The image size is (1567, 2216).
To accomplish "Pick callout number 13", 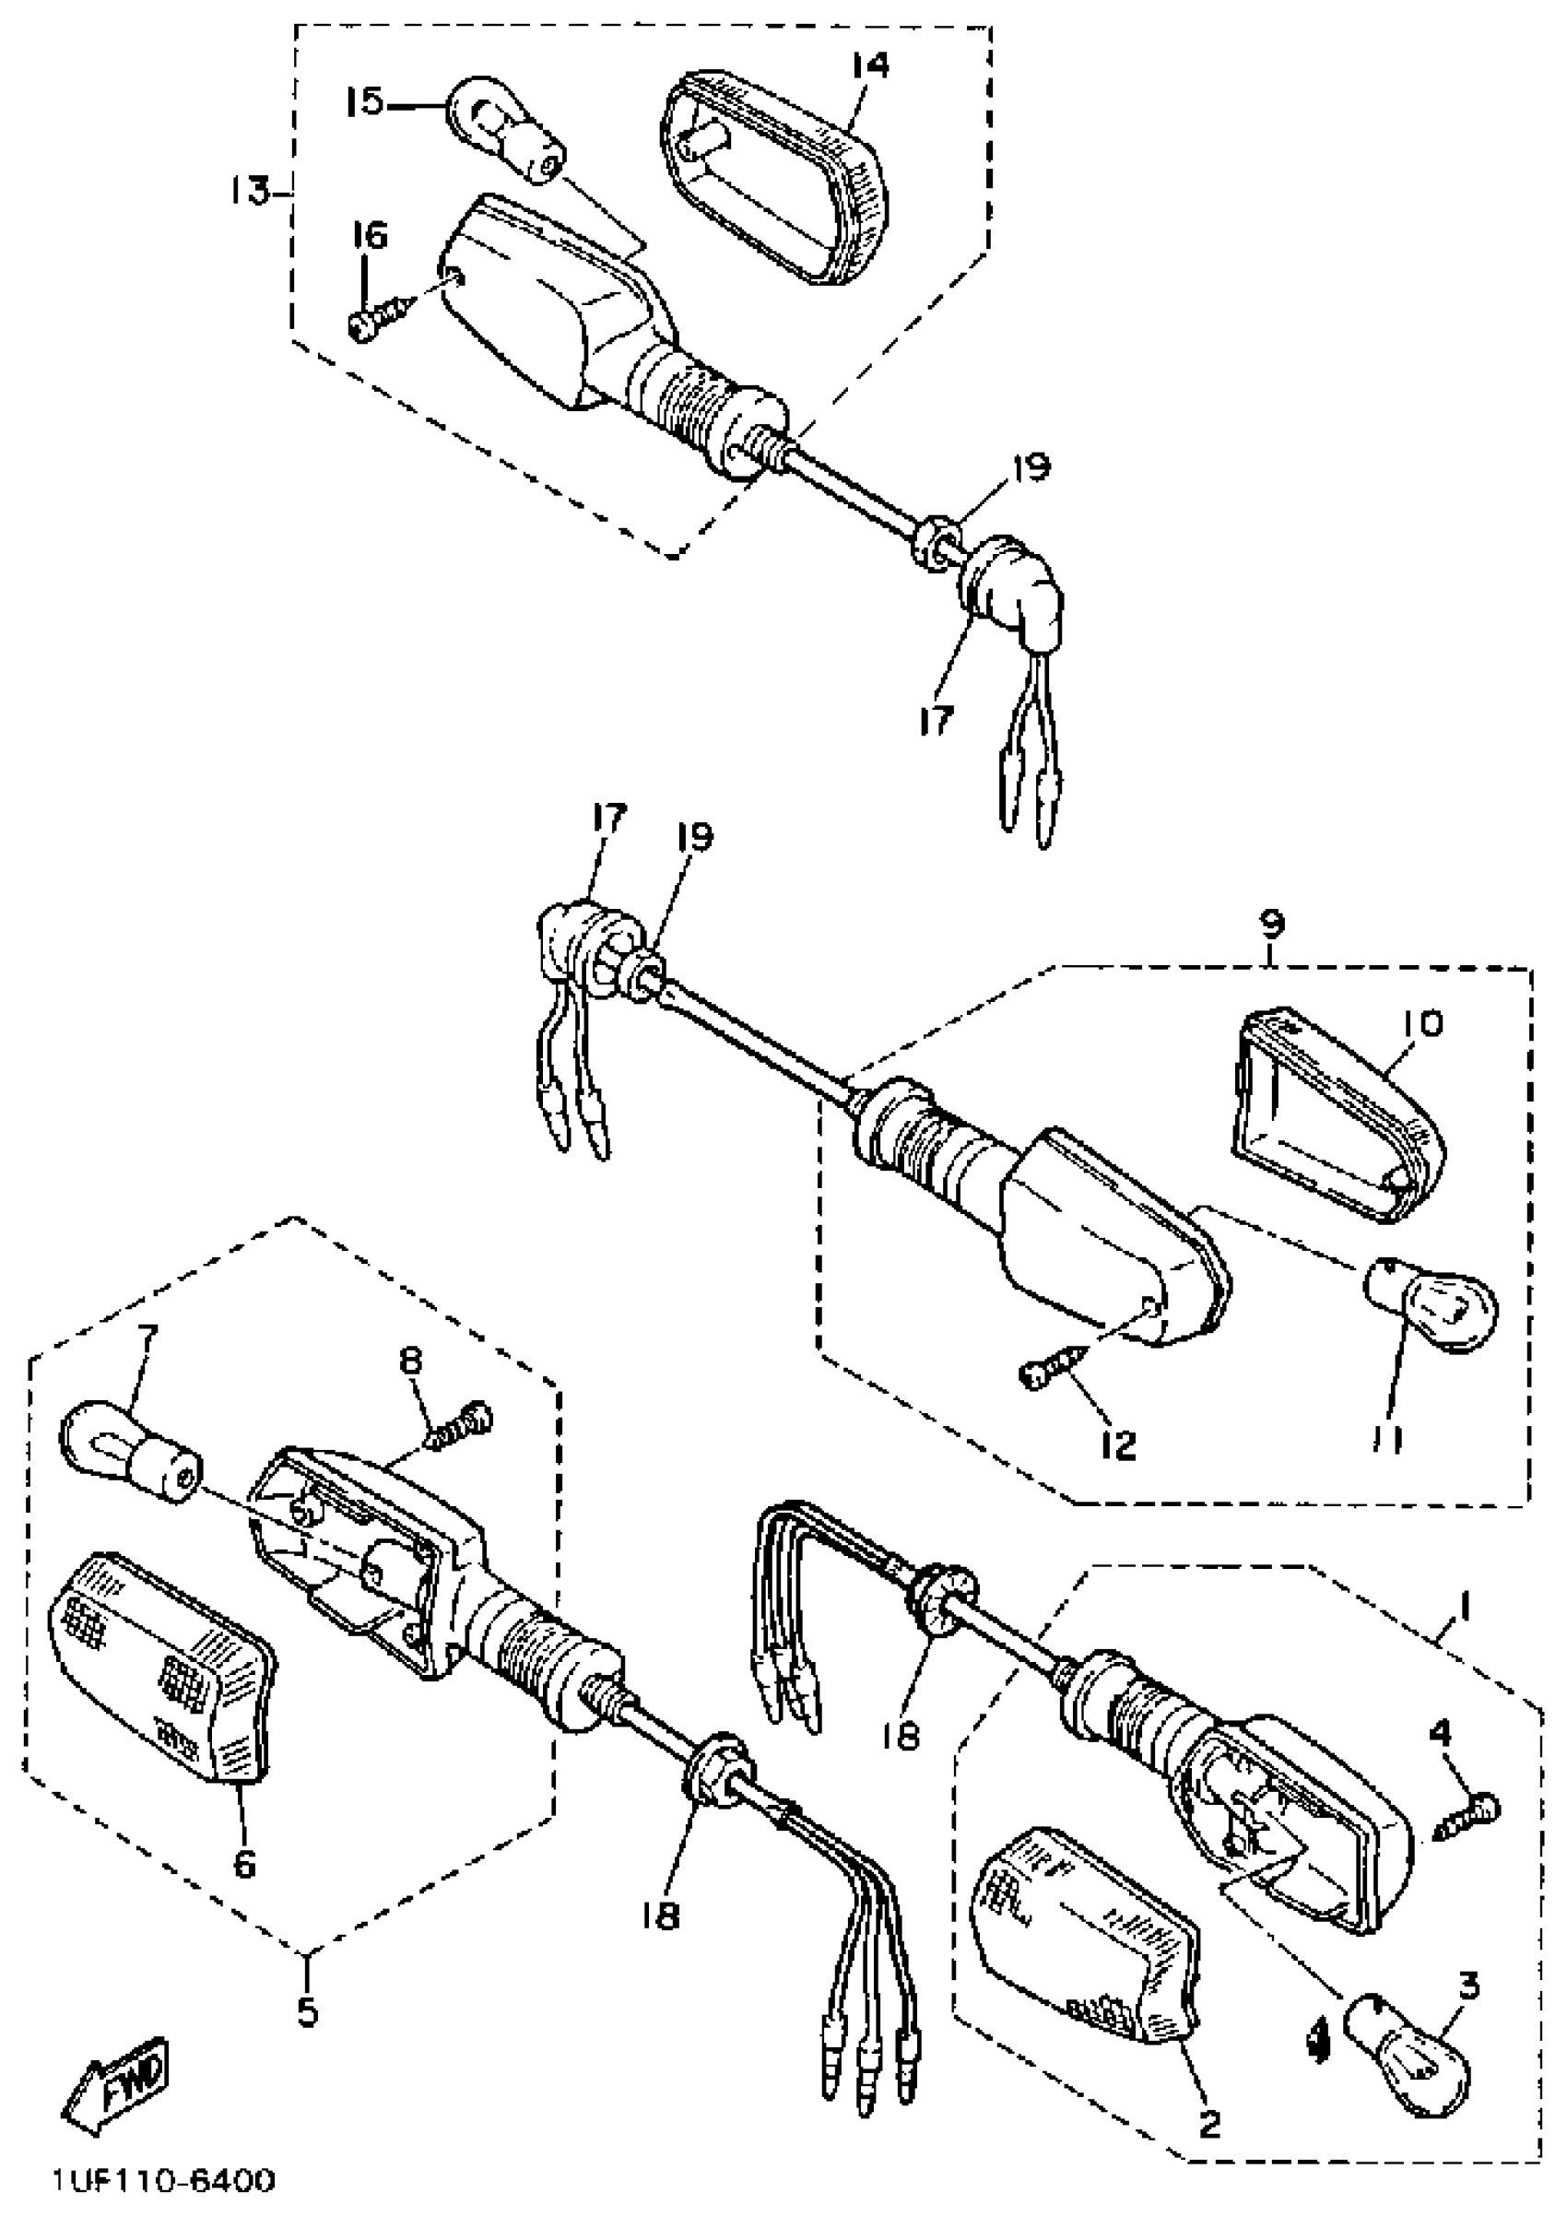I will coord(248,191).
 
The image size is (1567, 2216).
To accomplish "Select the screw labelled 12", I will coord(1054,1371).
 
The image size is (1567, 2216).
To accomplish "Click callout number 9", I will coord(1272,925).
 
